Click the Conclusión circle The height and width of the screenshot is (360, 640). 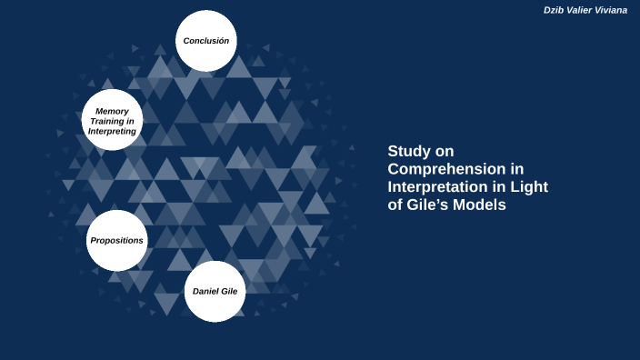tap(205, 41)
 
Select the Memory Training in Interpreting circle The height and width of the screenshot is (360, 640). tap(112, 120)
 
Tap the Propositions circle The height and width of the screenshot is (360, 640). tap(116, 240)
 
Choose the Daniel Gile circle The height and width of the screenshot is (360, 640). tap(215, 291)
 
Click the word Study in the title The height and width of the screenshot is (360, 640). tap(407, 151)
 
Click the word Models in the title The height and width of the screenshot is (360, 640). tap(485, 205)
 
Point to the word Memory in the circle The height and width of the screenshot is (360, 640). tap(112, 110)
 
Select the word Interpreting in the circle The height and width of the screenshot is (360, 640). tap(112, 131)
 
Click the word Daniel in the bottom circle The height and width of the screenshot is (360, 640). tap(205, 291)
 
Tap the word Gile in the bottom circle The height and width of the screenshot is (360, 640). tap(229, 291)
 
